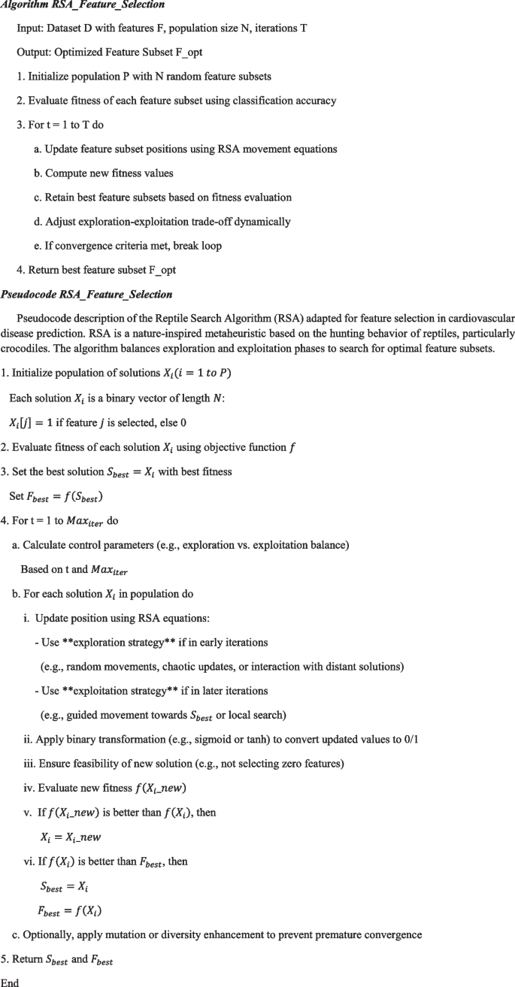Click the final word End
[10, 982]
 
